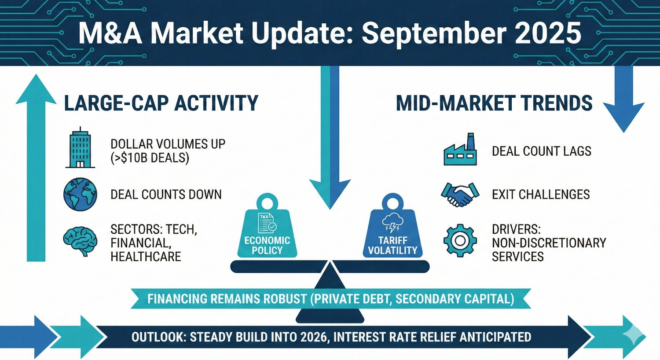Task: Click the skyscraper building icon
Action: coord(80,148)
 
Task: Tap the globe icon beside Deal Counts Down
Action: coord(80,194)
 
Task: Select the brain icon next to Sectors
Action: coord(80,242)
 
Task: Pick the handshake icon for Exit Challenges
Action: coord(460,194)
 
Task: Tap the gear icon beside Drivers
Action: coord(460,241)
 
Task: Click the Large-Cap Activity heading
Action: coord(161,103)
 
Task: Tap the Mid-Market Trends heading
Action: coord(494,103)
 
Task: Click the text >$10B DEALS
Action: coord(150,158)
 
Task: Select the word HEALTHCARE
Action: coord(146,257)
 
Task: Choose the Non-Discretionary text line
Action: coord(549,243)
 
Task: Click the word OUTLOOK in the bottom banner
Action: coord(158,337)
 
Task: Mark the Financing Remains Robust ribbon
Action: coord(330,299)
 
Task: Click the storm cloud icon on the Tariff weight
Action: coord(392,223)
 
